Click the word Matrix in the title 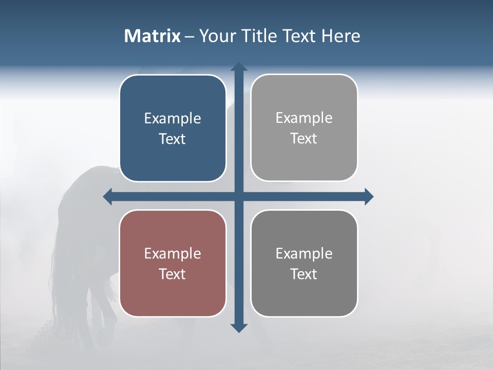coord(152,36)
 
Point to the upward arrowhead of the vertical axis coord(239,67)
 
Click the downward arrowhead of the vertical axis coord(239,327)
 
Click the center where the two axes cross coord(239,196)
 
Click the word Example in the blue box coord(173,119)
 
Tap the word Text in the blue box coord(173,139)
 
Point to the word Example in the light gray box coord(304,118)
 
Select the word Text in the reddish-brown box coord(173,274)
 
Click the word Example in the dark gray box coord(304,254)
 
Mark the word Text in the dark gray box coord(304,274)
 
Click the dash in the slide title coord(189,36)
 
